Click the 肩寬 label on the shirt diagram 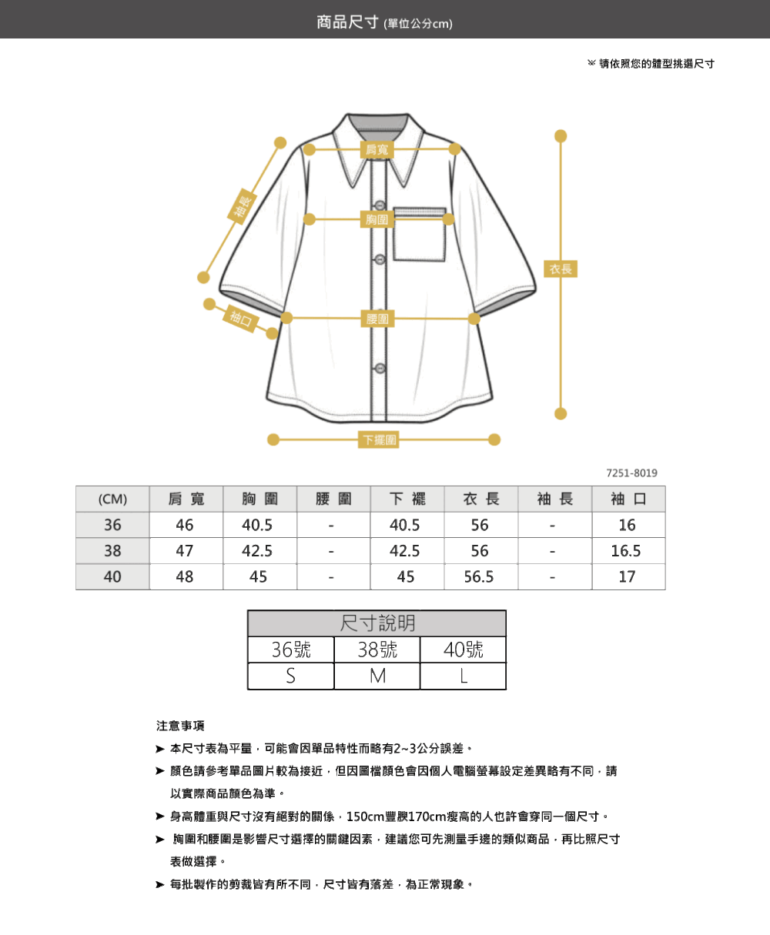377,149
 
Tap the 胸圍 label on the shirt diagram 377,219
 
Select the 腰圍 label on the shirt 377,319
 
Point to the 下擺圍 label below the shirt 378,439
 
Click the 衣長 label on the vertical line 561,269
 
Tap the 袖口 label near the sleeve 240,318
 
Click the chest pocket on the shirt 419,234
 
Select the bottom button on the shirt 380,368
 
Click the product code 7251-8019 631,473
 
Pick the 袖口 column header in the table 628,499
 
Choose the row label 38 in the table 112,551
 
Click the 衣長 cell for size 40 479,576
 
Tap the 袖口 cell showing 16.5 626,551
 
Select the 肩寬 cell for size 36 185,525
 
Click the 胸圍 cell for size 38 257,551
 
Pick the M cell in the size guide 377,676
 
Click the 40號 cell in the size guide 463,649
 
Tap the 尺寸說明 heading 377,623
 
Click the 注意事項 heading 180,726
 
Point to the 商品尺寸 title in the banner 347,22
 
